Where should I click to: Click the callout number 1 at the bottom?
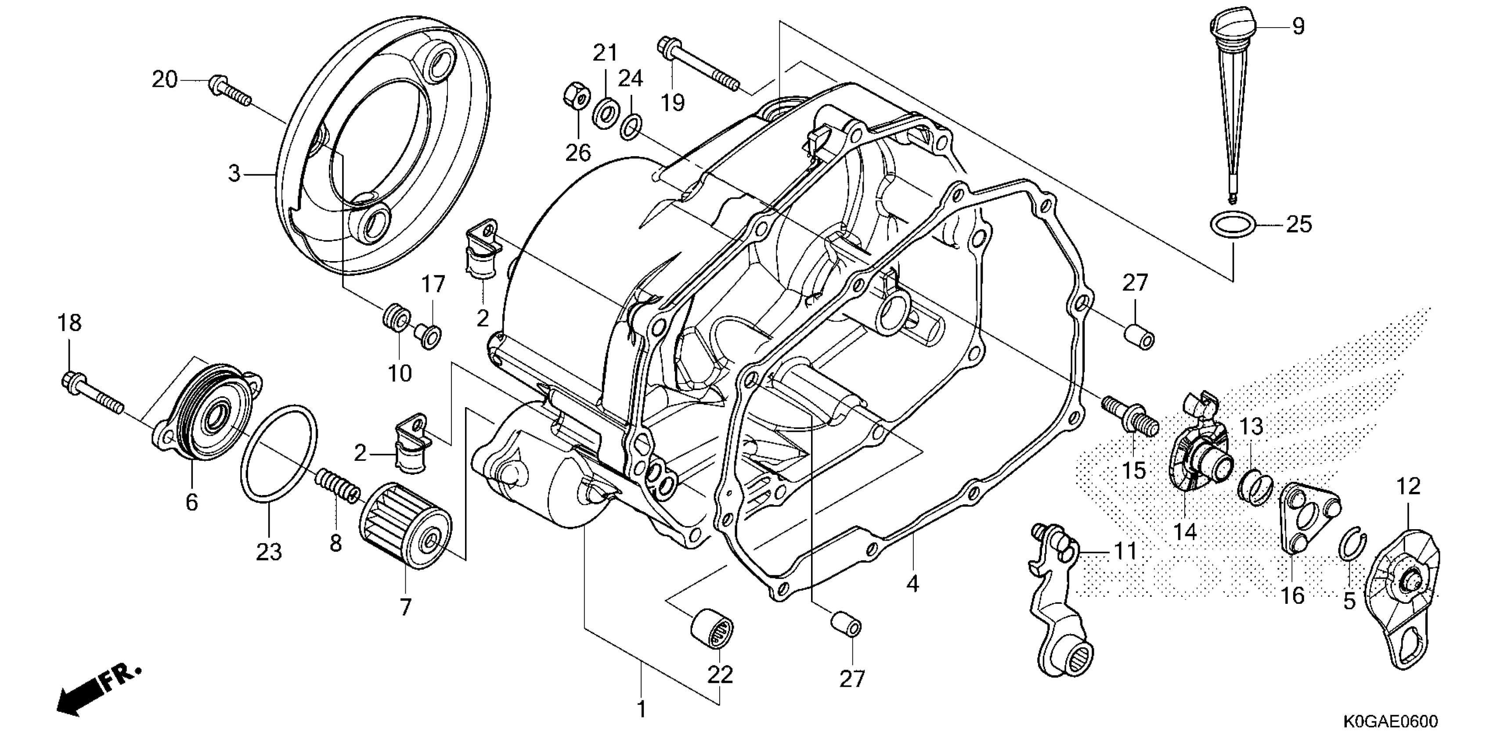(641, 709)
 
